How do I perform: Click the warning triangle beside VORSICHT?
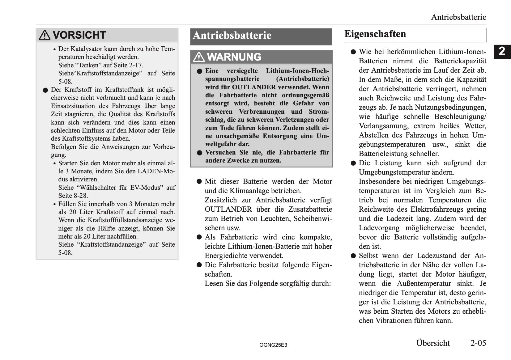pyautogui.click(x=45, y=35)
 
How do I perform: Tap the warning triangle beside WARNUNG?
pyautogui.click(x=199, y=57)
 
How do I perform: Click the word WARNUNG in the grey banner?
pyautogui.click(x=234, y=57)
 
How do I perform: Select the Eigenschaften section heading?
pyautogui.click(x=375, y=34)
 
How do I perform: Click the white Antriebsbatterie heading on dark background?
pyautogui.click(x=232, y=36)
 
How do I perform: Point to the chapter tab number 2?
pyautogui.click(x=502, y=51)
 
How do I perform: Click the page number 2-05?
pyautogui.click(x=478, y=343)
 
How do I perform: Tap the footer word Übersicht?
pyautogui.click(x=433, y=343)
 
